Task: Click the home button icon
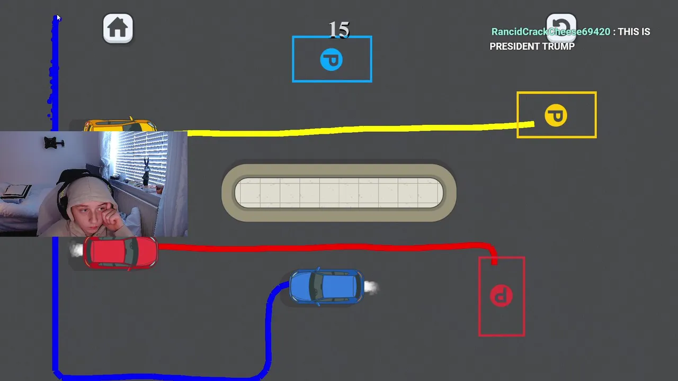(x=118, y=28)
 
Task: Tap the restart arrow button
(x=561, y=26)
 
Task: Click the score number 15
(x=339, y=30)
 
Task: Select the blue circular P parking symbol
(x=332, y=60)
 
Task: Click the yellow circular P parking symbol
(x=556, y=115)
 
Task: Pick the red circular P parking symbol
(x=501, y=296)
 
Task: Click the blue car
(x=326, y=287)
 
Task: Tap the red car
(x=121, y=252)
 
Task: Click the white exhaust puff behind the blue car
(x=371, y=287)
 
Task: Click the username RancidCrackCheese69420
(x=550, y=32)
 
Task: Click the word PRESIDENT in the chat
(x=513, y=47)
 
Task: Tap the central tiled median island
(x=339, y=193)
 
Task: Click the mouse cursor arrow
(x=58, y=19)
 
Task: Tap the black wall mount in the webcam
(x=53, y=142)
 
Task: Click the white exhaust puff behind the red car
(x=77, y=250)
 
